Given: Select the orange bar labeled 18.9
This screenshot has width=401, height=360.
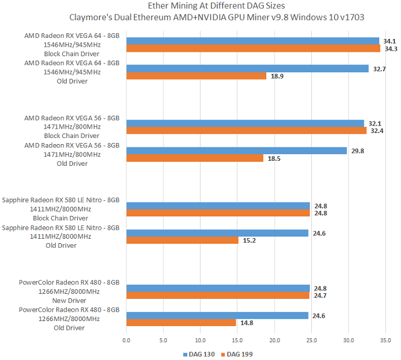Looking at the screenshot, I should coord(196,76).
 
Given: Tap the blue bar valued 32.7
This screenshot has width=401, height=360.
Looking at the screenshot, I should coord(247,68).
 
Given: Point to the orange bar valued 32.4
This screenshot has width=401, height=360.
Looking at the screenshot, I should coord(246,131).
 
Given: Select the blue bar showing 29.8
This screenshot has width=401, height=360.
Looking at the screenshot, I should coord(237,151).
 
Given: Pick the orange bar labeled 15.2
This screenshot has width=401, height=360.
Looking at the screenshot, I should coord(182,240).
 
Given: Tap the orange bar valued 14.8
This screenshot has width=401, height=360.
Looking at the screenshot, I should coord(181,322).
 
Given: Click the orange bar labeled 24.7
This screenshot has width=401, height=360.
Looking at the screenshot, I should coord(218,295).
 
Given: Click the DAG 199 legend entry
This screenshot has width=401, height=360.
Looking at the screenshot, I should coord(236,353).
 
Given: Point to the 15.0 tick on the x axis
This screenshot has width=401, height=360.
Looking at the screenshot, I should coord(237,339).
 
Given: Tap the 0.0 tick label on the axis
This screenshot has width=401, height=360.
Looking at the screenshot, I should coord(126,339).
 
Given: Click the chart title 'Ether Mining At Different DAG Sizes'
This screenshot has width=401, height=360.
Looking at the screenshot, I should coord(217,6).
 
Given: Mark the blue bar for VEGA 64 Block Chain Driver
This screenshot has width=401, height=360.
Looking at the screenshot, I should coord(253,41).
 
